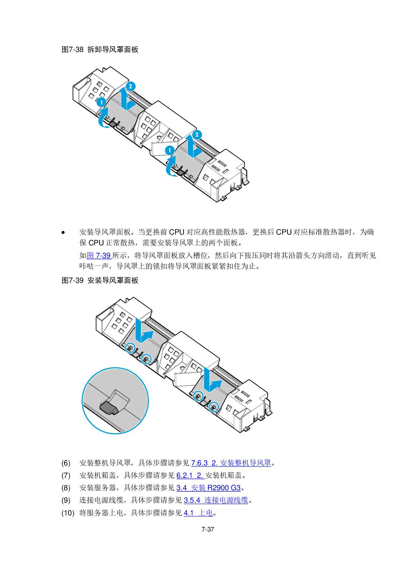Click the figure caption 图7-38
click(x=72, y=49)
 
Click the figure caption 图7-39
click(x=72, y=280)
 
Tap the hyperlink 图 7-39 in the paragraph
click(x=99, y=255)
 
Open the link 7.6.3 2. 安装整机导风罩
click(x=231, y=463)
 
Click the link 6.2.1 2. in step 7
click(x=190, y=476)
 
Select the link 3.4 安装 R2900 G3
click(x=209, y=488)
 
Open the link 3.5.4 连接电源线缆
click(x=216, y=500)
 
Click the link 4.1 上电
click(x=198, y=513)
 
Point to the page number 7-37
click(x=208, y=529)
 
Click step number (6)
click(x=66, y=463)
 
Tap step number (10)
click(x=68, y=513)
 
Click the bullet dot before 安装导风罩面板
click(x=63, y=232)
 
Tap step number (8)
click(x=66, y=488)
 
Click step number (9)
click(x=66, y=500)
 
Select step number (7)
click(x=66, y=476)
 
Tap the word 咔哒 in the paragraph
click(x=87, y=266)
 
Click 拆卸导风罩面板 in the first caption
click(x=113, y=49)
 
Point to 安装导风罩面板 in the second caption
click(x=113, y=280)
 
